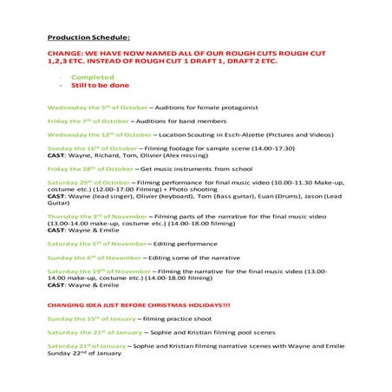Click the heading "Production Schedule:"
coord(88,38)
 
